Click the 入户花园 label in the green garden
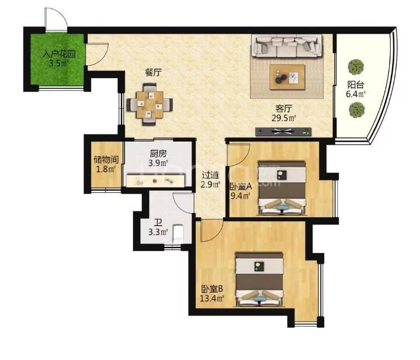pyautogui.click(x=59, y=54)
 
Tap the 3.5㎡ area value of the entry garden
pyautogui.click(x=59, y=64)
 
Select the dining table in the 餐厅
pyautogui.click(x=150, y=105)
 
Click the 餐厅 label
pyautogui.click(x=153, y=73)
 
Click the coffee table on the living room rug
pyautogui.click(x=287, y=77)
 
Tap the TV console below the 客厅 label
pyautogui.click(x=283, y=132)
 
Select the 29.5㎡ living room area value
pyautogui.click(x=284, y=118)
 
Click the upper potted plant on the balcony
pyautogui.click(x=356, y=66)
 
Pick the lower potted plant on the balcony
pyautogui.click(x=357, y=109)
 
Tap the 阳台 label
pyautogui.click(x=356, y=85)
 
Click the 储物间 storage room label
pyautogui.click(x=106, y=160)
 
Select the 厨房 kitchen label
pyautogui.click(x=158, y=154)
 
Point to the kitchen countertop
pyautogui.click(x=156, y=181)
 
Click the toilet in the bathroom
pyautogui.click(x=178, y=234)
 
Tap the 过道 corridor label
pyautogui.click(x=210, y=175)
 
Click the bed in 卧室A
pyautogui.click(x=282, y=188)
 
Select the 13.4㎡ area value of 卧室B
pyautogui.click(x=212, y=298)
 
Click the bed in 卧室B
pyautogui.click(x=259, y=279)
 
